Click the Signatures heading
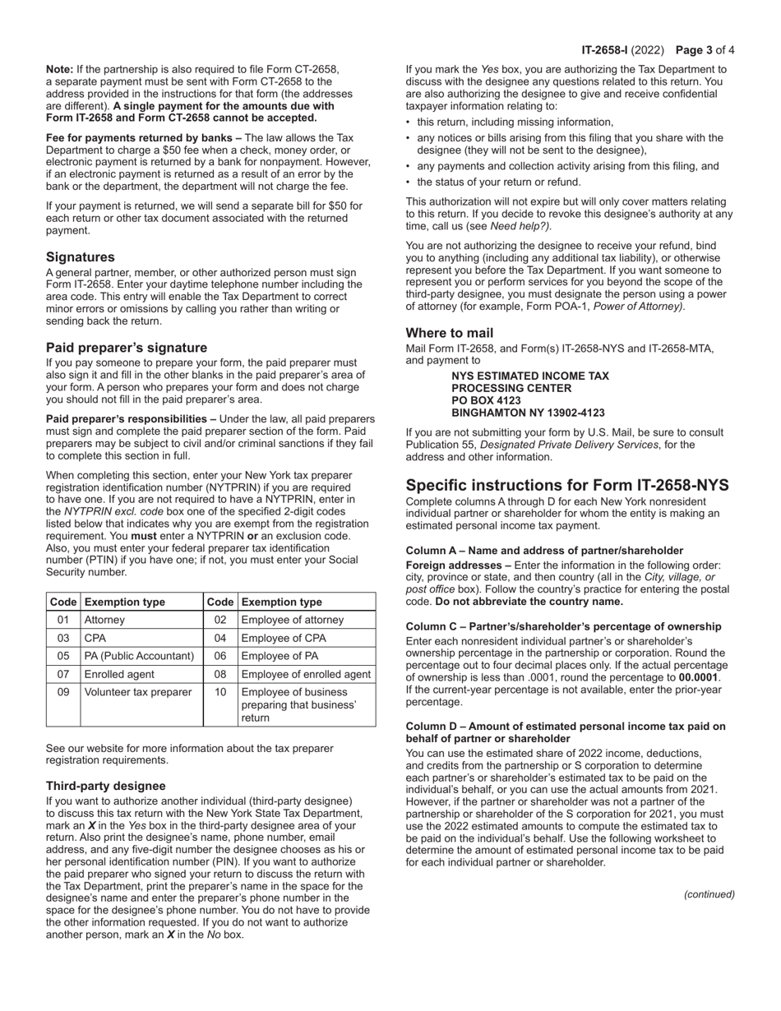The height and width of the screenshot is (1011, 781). pos(81,257)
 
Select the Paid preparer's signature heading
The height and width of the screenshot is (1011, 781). pos(127,347)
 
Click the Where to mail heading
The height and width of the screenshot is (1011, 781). pos(450,333)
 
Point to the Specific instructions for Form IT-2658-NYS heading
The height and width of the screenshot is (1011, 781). pos(567,485)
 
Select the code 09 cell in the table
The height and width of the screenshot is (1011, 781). pos(63,692)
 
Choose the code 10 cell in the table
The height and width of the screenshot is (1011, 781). pos(220,692)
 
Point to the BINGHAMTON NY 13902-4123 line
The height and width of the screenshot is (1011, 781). pos(528,413)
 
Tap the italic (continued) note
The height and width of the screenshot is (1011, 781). pos(709,894)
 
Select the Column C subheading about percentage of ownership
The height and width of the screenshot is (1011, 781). pos(564,626)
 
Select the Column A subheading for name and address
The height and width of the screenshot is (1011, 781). pos(544,550)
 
